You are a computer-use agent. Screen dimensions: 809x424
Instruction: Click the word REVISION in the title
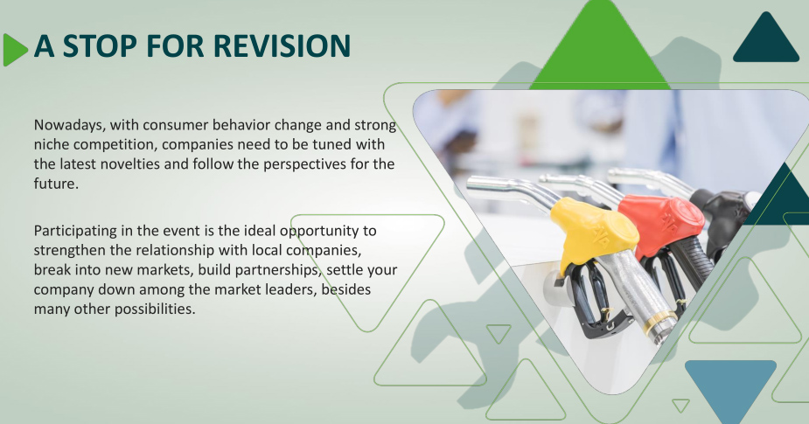[282, 45]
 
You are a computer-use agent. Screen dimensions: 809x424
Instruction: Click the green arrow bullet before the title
[15, 50]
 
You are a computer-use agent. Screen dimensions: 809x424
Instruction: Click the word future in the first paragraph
[55, 184]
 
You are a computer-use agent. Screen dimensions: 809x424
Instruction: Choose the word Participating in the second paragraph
[75, 231]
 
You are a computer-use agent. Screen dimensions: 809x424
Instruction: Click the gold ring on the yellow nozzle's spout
[659, 322]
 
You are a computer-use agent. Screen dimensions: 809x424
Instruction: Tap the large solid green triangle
[600, 46]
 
